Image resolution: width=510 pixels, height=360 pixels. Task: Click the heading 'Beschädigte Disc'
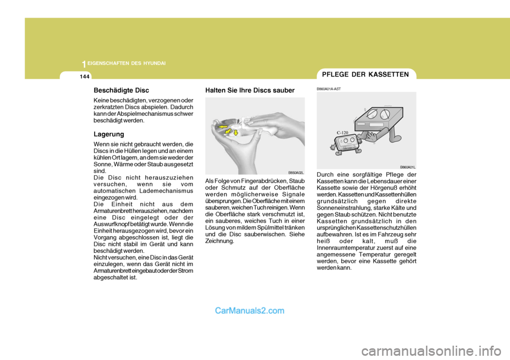[x=121, y=91]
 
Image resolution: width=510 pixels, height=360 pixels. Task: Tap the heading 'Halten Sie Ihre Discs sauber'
[x=249, y=91]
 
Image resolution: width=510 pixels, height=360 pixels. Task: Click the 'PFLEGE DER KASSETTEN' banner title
[x=366, y=74]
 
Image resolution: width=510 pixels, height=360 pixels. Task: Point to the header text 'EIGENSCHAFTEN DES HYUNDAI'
[x=127, y=63]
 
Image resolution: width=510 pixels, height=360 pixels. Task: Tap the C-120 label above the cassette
[x=342, y=132]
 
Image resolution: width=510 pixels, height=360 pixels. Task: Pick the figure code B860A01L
[x=407, y=167]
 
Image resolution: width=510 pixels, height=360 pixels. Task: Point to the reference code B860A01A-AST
[x=329, y=89]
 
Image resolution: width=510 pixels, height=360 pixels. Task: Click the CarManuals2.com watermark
[x=250, y=311]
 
